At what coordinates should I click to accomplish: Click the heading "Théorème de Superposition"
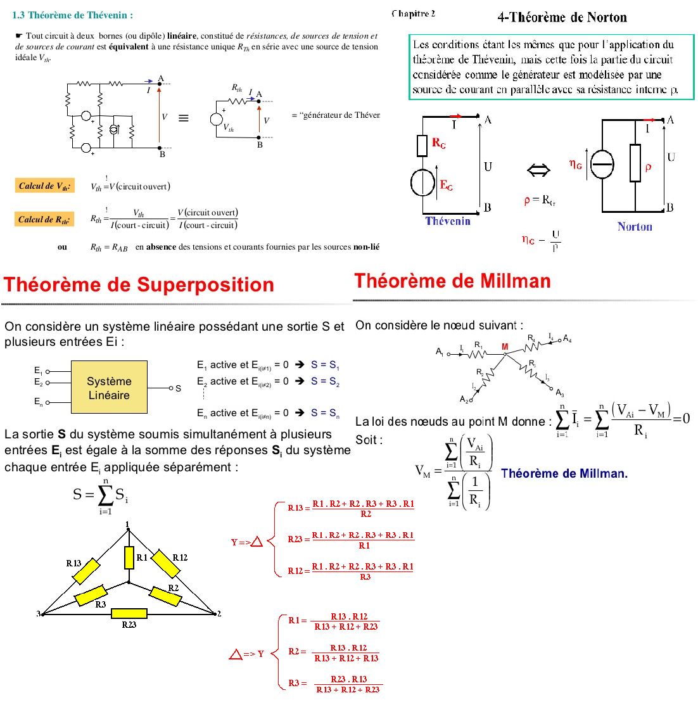[139, 285]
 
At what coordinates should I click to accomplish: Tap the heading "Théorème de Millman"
[452, 281]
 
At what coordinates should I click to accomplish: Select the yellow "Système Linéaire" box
[109, 388]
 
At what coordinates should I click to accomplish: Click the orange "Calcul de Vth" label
[44, 186]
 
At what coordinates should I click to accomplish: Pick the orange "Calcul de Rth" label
[44, 219]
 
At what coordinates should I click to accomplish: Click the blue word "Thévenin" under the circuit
[448, 221]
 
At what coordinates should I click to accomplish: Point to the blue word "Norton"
[634, 227]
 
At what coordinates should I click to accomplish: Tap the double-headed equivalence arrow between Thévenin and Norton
[538, 169]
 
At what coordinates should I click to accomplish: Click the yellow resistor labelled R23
[129, 613]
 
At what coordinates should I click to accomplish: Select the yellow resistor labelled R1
[129, 557]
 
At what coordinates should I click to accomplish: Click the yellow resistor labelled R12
[167, 564]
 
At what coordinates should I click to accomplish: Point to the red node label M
[505, 347]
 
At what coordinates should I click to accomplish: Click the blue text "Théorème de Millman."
[564, 473]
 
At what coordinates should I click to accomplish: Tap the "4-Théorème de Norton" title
[562, 17]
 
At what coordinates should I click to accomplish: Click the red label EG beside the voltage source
[446, 185]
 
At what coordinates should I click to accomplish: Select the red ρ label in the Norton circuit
[648, 167]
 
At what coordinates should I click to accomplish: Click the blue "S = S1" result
[325, 365]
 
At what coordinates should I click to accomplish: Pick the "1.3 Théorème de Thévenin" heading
[73, 15]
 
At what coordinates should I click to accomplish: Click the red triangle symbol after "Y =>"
[257, 542]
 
